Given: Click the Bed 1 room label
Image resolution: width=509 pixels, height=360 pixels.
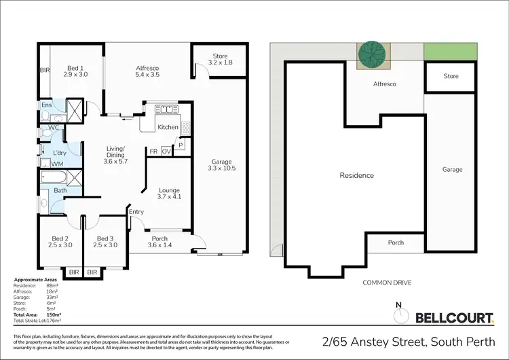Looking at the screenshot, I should pos(75,72).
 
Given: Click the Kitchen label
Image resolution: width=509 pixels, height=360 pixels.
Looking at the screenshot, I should pos(168,127).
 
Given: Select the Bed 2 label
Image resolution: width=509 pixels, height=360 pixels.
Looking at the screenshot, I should pos(60,242).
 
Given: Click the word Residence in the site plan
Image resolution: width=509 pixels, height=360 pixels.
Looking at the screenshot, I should pos(356,175).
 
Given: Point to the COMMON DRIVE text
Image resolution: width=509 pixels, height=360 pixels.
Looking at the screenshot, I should pos(388,282).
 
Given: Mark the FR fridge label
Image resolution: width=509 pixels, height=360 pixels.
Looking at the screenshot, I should pos(154,151).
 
